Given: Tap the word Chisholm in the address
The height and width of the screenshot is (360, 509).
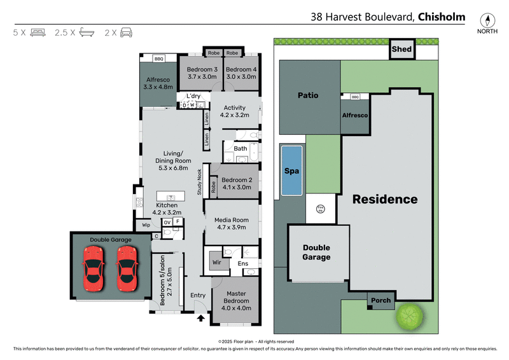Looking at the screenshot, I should [441, 17].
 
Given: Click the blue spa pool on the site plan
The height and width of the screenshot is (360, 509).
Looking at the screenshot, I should [291, 170].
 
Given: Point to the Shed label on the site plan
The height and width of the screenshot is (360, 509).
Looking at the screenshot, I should [401, 49].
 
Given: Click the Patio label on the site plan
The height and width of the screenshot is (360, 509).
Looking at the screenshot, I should [308, 95].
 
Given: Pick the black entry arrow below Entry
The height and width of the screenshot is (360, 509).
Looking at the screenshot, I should [202, 318].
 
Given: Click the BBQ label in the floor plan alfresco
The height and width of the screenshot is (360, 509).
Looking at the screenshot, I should [158, 59].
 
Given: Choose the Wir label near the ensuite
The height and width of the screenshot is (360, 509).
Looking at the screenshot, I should [216, 261].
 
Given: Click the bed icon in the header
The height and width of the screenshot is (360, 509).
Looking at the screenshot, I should [38, 31].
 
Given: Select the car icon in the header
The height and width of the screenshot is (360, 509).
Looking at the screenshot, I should [126, 31].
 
